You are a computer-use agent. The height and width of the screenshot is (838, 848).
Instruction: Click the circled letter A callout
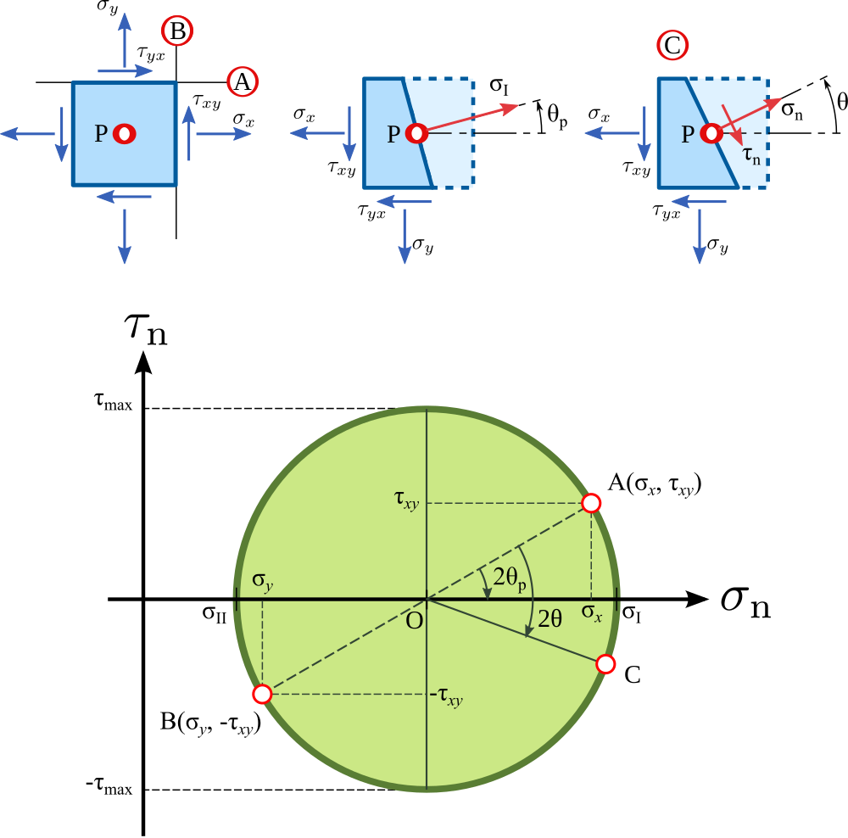click(x=243, y=81)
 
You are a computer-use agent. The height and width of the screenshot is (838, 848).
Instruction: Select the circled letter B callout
click(x=177, y=31)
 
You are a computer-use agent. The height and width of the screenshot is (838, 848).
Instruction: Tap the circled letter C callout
click(x=672, y=46)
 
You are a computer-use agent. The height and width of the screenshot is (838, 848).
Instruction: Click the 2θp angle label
click(x=510, y=578)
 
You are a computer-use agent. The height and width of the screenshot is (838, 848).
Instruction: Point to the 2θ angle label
click(x=550, y=619)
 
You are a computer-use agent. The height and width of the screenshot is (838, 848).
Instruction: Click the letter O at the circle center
click(x=414, y=622)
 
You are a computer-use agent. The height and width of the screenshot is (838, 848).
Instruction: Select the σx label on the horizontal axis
click(x=591, y=612)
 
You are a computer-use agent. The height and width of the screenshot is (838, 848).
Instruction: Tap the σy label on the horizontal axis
click(x=262, y=581)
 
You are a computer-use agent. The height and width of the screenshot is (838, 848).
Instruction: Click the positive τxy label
click(x=406, y=499)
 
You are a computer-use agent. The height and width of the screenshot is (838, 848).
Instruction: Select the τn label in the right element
click(x=751, y=155)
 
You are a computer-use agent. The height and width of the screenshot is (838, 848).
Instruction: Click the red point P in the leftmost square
click(x=124, y=133)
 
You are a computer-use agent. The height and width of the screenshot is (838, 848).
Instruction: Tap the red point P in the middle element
click(x=416, y=133)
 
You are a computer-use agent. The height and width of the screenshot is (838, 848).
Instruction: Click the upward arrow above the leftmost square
click(x=125, y=38)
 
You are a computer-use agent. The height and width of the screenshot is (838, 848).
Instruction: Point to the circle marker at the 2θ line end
click(x=605, y=664)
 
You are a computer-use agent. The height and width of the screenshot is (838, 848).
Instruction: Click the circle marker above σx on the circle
click(x=591, y=503)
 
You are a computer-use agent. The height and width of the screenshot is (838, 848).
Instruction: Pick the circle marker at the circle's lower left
click(x=262, y=694)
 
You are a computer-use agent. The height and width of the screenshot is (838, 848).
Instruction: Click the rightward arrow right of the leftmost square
click(x=224, y=133)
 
